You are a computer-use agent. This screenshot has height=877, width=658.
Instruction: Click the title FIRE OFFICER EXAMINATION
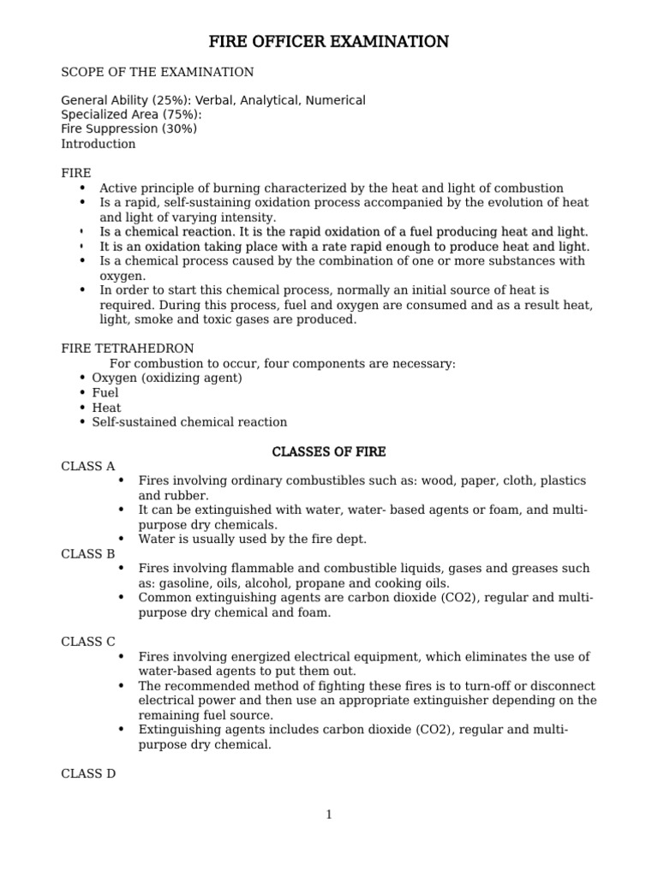click(329, 42)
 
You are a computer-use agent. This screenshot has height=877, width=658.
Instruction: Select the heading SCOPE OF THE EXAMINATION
click(157, 72)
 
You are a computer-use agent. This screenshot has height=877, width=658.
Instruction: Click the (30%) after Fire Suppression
click(179, 129)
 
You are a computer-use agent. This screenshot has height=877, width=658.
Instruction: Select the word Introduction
click(99, 144)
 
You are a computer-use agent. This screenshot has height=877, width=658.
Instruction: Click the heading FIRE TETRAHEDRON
click(128, 349)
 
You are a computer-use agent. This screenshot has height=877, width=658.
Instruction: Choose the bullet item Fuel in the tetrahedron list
click(105, 392)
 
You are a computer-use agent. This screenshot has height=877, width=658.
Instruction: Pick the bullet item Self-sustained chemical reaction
click(189, 421)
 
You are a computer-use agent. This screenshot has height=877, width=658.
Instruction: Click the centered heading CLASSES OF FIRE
click(329, 451)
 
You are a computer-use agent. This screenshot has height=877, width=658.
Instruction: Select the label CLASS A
click(87, 466)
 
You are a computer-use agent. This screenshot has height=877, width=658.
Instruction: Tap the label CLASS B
click(87, 553)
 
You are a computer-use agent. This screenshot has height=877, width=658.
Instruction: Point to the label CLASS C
click(87, 641)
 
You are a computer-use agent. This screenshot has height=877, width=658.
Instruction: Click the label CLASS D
click(88, 773)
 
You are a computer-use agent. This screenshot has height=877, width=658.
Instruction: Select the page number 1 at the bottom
click(328, 814)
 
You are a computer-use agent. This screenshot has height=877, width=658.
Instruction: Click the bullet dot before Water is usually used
click(121, 539)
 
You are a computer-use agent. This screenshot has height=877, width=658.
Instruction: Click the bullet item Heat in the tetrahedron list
click(107, 407)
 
